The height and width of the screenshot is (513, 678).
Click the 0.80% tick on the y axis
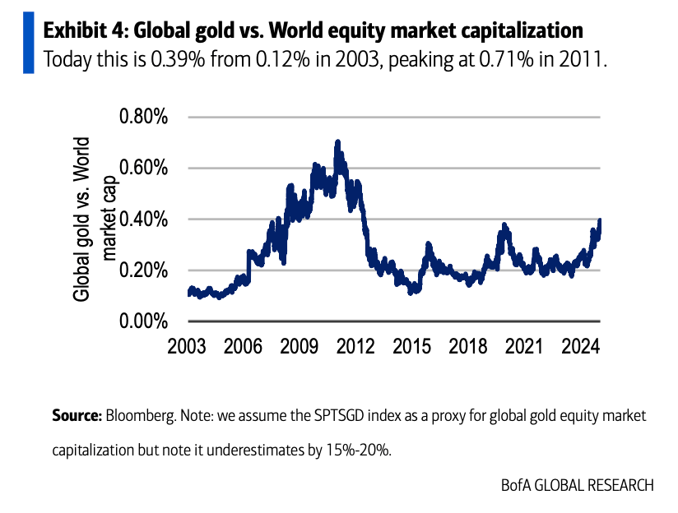coord(144,117)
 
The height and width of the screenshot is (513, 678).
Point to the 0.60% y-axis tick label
coord(144,168)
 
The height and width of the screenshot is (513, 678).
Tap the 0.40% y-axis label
coord(144,220)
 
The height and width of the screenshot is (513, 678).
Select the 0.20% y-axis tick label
coord(144,270)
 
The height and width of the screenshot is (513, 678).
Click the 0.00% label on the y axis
coord(144,321)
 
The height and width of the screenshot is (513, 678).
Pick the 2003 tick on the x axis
coord(186,346)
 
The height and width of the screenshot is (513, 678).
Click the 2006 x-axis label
coord(245,346)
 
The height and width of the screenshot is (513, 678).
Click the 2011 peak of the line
coord(337,143)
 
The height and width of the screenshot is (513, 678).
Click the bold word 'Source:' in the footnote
coord(77,416)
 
